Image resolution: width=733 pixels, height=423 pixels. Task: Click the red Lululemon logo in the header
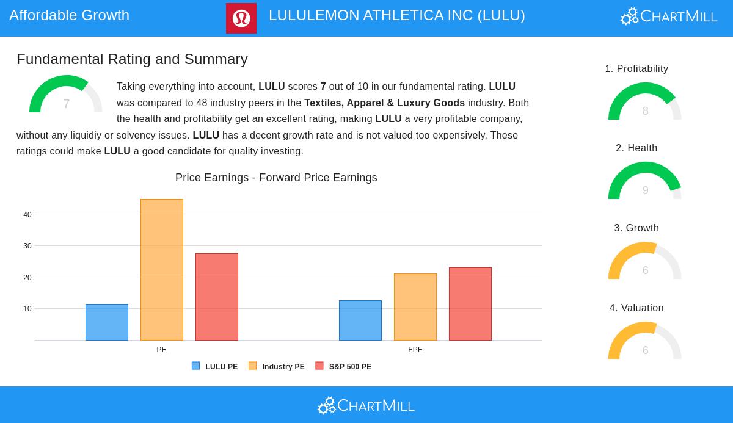click(241, 18)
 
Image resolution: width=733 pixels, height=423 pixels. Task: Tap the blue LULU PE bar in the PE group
click(107, 322)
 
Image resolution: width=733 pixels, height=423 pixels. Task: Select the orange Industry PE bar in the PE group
click(162, 270)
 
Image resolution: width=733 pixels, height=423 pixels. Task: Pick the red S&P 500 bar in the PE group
click(217, 297)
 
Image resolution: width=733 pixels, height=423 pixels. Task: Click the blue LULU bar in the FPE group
click(360, 320)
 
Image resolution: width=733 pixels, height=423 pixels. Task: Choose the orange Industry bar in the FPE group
click(415, 307)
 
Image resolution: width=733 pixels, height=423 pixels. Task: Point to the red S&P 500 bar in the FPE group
click(470, 304)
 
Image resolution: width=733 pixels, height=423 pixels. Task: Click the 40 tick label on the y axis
click(27, 215)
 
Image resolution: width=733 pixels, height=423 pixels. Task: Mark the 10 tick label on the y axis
click(27, 309)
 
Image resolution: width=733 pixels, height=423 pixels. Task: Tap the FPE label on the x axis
click(415, 350)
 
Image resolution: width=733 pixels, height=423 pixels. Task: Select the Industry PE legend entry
click(277, 367)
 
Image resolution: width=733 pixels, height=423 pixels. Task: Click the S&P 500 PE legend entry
click(343, 367)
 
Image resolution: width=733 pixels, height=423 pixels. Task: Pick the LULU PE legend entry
click(215, 367)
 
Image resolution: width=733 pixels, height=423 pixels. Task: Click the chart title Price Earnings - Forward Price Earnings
click(276, 178)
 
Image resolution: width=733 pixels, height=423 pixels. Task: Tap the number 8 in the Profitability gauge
click(646, 111)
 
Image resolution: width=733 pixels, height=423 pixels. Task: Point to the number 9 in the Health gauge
click(646, 190)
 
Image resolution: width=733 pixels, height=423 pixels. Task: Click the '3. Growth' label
click(636, 228)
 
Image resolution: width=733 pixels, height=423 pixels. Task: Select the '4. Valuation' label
click(636, 308)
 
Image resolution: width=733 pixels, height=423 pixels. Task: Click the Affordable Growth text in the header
click(70, 15)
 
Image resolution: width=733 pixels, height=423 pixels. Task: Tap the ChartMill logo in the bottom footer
click(366, 405)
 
